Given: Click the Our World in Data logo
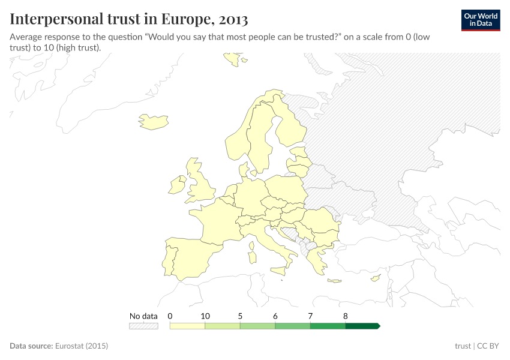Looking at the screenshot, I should (x=480, y=19).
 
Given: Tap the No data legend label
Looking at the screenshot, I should (x=143, y=316).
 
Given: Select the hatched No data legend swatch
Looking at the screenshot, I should (x=143, y=326).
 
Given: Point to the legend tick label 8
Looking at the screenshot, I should (x=346, y=316).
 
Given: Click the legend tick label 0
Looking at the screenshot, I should (x=170, y=316).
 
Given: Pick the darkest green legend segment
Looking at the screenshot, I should (x=362, y=326).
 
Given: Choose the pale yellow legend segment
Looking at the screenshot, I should (x=187, y=326).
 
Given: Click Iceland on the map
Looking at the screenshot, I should (x=153, y=122).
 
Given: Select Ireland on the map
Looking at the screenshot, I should (x=178, y=185).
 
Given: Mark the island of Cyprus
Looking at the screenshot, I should (x=376, y=278).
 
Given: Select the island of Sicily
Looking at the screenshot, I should (x=278, y=271).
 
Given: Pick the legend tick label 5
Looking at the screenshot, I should (x=240, y=316).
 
